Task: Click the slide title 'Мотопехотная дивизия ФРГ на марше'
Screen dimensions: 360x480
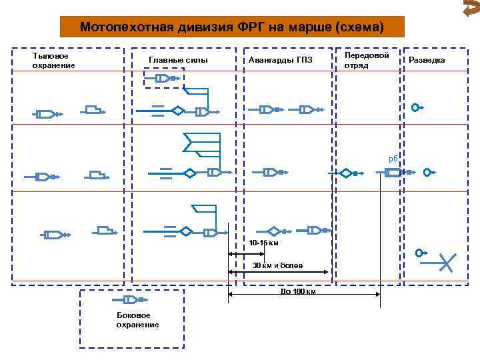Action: coord(232,27)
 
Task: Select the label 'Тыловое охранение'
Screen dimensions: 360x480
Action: coord(54,61)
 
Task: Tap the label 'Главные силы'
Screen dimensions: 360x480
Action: coord(178,61)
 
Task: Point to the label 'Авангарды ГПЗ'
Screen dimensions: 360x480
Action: coord(280,61)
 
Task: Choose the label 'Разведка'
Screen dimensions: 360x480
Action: coord(427,61)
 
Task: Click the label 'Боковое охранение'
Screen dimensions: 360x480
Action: coord(137,319)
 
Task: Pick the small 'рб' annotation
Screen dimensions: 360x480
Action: coord(393,159)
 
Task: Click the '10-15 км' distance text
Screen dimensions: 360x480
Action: coord(263,242)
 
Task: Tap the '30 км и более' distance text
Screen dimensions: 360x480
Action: coord(277,266)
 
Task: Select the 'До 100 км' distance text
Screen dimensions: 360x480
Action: coord(297,291)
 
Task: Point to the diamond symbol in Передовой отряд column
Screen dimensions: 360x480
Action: coord(346,173)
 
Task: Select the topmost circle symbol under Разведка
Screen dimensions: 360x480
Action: coord(416,107)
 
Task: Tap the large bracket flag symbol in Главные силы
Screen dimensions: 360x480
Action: coord(201,143)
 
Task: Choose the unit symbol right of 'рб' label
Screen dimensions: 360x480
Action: coord(393,173)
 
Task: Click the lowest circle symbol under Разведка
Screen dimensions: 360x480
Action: coord(419,253)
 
